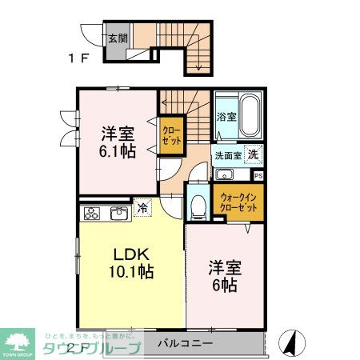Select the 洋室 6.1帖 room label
[117, 141]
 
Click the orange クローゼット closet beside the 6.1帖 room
[170, 134]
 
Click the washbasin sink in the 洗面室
[224, 176]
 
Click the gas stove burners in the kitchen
[92, 214]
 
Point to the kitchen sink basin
[118, 213]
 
